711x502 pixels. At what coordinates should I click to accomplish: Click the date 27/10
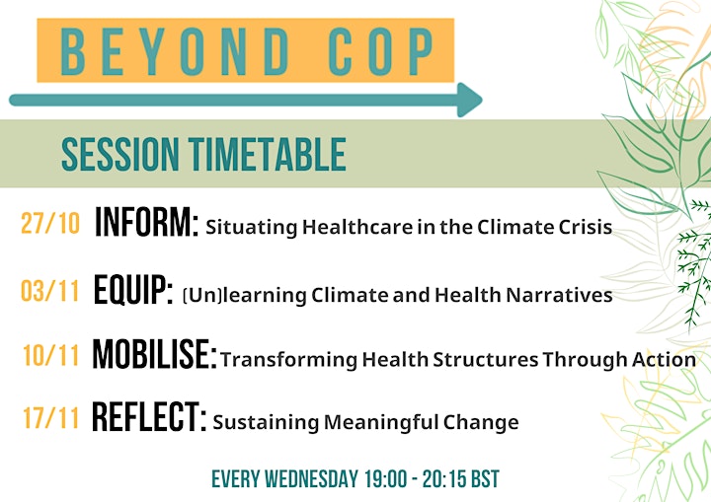pyautogui.click(x=50, y=223)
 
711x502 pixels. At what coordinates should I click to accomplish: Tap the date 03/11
pyautogui.click(x=50, y=290)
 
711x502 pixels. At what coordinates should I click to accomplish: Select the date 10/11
pyautogui.click(x=51, y=355)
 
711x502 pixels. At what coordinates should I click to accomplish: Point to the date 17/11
pyautogui.click(x=51, y=418)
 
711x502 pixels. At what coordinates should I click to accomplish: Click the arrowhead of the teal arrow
pyautogui.click(x=470, y=100)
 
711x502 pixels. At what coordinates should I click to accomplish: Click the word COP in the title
pyautogui.click(x=381, y=51)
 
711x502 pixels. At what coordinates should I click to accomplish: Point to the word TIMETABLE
pyautogui.click(x=268, y=154)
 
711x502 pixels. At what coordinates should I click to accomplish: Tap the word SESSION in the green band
pyautogui.click(x=120, y=154)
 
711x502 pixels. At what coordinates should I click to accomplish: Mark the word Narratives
pyautogui.click(x=560, y=295)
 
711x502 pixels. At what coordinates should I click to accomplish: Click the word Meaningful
pyautogui.click(x=381, y=423)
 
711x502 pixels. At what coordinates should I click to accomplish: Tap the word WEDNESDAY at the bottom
pyautogui.click(x=311, y=479)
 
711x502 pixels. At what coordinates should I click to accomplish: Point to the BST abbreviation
pyautogui.click(x=485, y=479)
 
